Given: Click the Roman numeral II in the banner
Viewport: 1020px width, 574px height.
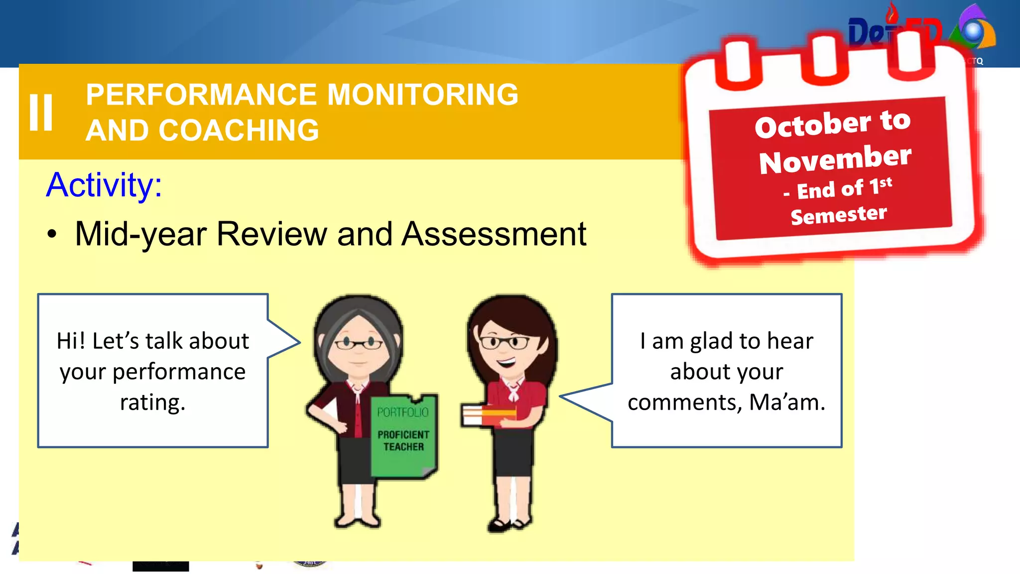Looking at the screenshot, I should (41, 113).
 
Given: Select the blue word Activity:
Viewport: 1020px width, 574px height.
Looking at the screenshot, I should (104, 185).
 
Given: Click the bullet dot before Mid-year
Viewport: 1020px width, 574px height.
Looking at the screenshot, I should (52, 234).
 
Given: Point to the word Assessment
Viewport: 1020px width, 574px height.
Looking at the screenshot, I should (494, 234).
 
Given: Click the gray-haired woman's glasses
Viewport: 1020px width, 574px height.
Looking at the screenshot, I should (358, 343).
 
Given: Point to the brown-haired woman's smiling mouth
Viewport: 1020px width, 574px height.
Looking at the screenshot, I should (507, 361).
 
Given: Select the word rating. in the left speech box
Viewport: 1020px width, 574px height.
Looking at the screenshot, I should (152, 402).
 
